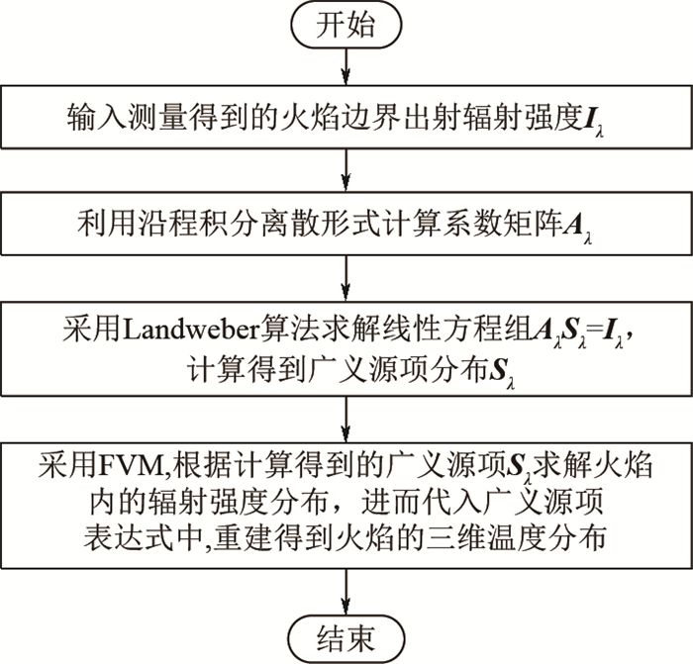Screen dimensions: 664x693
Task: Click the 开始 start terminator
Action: click(346, 26)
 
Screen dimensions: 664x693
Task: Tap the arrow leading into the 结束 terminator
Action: click(346, 591)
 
